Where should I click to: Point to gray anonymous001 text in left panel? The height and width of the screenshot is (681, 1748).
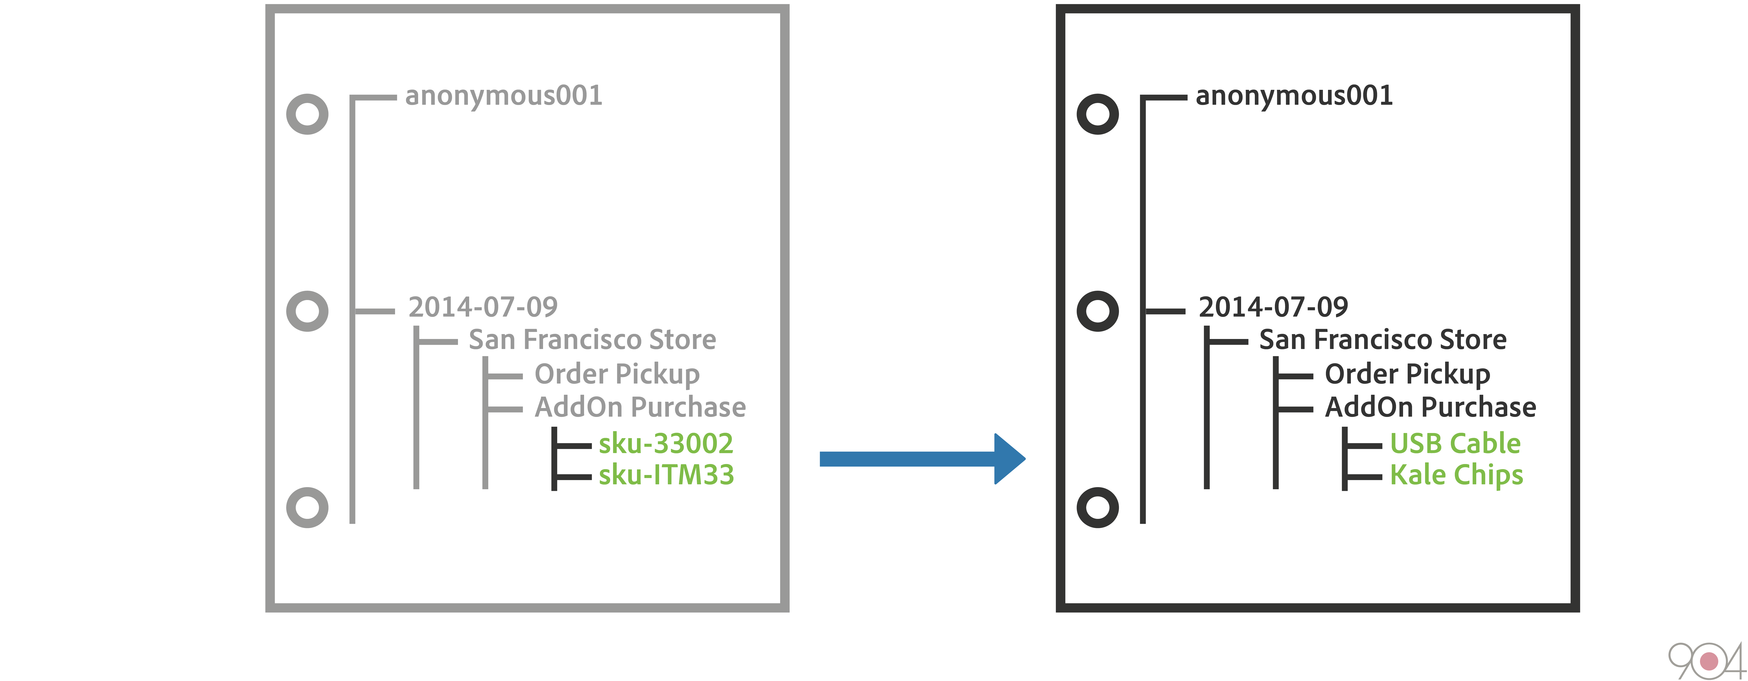503,96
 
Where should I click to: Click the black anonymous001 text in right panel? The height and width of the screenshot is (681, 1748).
1293,96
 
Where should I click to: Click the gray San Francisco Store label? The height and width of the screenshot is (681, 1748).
592,339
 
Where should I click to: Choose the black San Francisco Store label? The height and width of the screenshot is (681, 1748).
1382,339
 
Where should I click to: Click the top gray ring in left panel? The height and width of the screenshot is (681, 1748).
307,114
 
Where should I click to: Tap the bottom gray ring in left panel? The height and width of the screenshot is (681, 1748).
307,507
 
